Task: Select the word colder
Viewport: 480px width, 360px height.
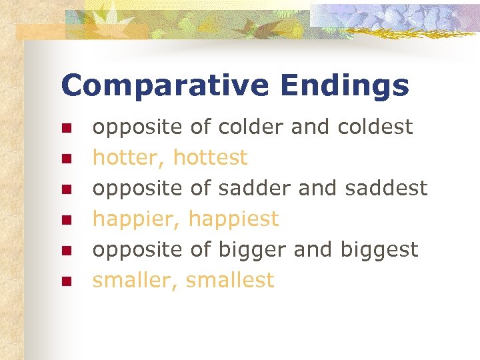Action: click(x=251, y=127)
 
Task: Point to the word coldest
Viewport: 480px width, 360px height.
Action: click(x=375, y=127)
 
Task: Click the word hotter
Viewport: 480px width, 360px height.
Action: click(x=129, y=158)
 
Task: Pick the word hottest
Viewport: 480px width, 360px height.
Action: click(x=210, y=158)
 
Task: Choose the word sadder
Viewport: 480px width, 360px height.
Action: click(x=252, y=189)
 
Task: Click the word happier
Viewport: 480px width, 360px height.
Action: click(x=136, y=219)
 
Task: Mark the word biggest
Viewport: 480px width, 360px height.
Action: click(x=379, y=251)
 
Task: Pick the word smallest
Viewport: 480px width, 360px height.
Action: click(x=230, y=281)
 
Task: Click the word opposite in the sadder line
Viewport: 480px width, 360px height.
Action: click(x=137, y=189)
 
